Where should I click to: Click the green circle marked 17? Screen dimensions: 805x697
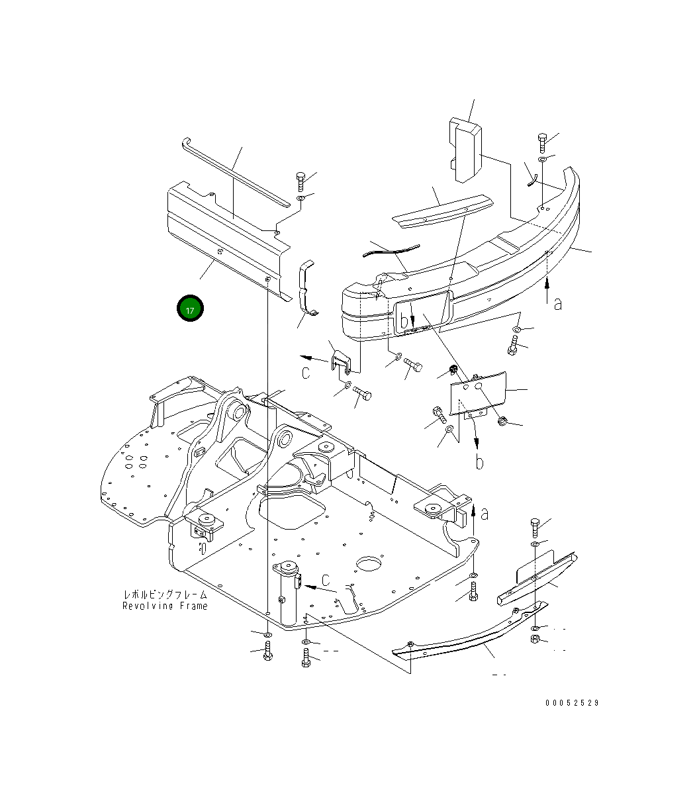point(190,309)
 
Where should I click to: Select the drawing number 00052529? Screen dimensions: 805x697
point(572,702)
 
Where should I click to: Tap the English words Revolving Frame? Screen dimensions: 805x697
point(165,606)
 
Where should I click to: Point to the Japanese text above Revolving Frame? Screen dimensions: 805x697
point(165,594)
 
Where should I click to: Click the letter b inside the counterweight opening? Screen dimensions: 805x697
point(404,322)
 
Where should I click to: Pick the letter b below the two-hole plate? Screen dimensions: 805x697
point(479,461)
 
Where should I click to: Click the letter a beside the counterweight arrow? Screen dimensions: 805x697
point(558,303)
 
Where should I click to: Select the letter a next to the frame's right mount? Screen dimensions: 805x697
point(485,513)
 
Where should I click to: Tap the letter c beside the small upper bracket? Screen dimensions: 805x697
point(306,373)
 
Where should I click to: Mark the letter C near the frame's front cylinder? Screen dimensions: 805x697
point(326,581)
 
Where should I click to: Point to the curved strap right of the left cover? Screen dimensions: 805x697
point(306,289)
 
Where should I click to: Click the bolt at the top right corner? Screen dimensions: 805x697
point(541,141)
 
